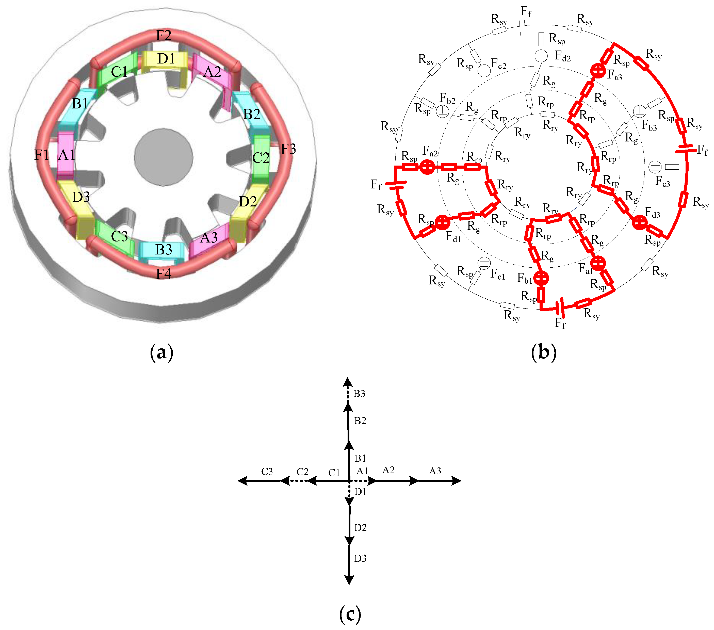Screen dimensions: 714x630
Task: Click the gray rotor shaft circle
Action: (164, 157)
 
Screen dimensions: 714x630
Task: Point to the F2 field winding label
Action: (164, 35)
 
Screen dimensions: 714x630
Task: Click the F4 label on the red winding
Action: (164, 273)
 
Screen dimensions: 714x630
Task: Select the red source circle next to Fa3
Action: (598, 71)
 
